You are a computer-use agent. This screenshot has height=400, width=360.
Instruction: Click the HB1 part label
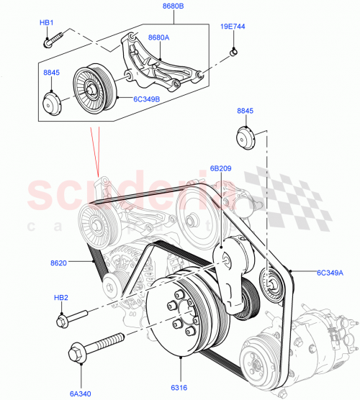tap(47, 23)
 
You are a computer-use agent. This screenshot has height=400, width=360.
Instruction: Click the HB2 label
tap(63, 297)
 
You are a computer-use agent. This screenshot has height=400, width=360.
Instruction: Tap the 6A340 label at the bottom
tap(81, 394)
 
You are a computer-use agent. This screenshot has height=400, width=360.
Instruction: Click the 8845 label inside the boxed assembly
tap(52, 72)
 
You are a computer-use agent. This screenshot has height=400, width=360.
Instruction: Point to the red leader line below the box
tap(94, 151)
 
